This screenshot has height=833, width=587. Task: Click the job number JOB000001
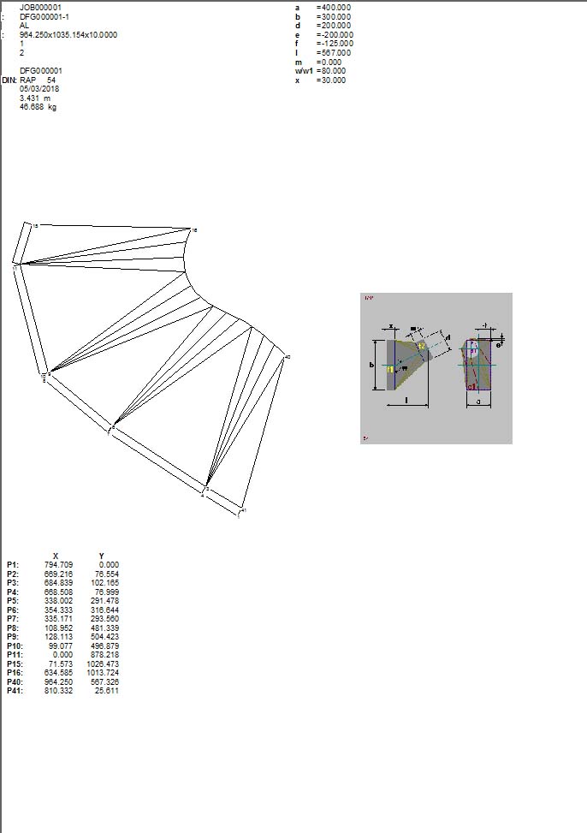[x=40, y=7]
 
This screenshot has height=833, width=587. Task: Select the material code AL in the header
[x=24, y=26]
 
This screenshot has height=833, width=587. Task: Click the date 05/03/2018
[x=39, y=88]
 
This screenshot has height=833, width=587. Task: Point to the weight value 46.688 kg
[x=39, y=107]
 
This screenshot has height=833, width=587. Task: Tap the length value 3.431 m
[x=34, y=98]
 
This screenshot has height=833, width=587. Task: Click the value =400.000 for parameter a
[x=333, y=7]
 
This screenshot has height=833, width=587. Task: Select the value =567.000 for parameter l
[x=333, y=53]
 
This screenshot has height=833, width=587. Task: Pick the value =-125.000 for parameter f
[x=335, y=44]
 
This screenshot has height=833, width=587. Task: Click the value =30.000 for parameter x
[x=330, y=80]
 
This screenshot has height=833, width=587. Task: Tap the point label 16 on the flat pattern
[x=195, y=230]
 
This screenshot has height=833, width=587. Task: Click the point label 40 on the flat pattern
[x=288, y=357]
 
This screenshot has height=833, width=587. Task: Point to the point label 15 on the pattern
[x=34, y=225]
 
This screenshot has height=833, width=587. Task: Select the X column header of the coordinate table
[x=56, y=556]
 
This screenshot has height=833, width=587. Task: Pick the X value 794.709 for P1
[x=57, y=565]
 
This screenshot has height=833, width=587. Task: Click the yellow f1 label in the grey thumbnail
[x=391, y=369]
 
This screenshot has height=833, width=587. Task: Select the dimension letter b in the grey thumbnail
[x=372, y=366]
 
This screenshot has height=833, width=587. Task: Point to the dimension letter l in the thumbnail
[x=406, y=399]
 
